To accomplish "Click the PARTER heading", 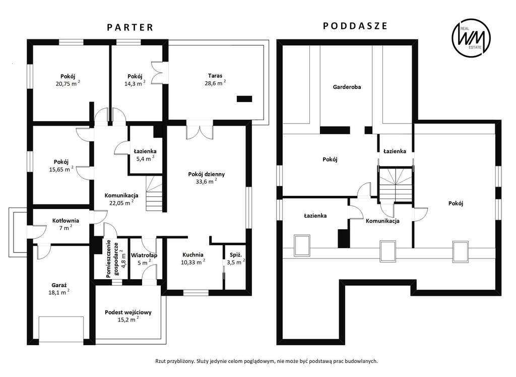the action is point(130,27).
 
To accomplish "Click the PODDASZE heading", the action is point(355,26).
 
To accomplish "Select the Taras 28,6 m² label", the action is point(215,79).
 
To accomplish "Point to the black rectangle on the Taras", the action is point(244,98).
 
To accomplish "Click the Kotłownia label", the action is point(66,221).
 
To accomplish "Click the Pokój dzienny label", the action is point(206,174).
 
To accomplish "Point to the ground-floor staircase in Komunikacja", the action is point(154,193).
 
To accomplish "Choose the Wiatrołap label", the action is point(144,255).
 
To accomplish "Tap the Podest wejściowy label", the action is point(128,312).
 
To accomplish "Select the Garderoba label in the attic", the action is point(347,87).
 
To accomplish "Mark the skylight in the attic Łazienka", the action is point(302,245).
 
